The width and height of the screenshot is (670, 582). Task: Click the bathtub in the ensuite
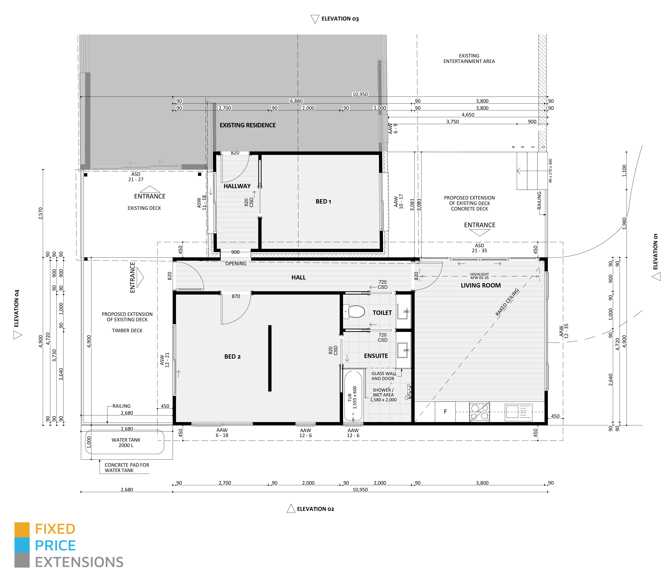(353, 396)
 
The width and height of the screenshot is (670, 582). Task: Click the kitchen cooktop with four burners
(479, 412)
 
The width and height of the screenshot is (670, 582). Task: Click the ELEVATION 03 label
(340, 19)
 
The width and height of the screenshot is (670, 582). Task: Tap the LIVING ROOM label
(481, 285)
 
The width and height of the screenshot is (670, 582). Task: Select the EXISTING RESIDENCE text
(248, 125)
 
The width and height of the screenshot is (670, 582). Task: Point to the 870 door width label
(236, 296)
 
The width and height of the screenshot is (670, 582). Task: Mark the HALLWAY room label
(237, 186)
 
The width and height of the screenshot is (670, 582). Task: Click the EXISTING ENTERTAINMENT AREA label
(469, 58)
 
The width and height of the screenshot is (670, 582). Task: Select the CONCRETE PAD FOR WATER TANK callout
(127, 468)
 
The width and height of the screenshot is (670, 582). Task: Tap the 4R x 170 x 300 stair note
(550, 171)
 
